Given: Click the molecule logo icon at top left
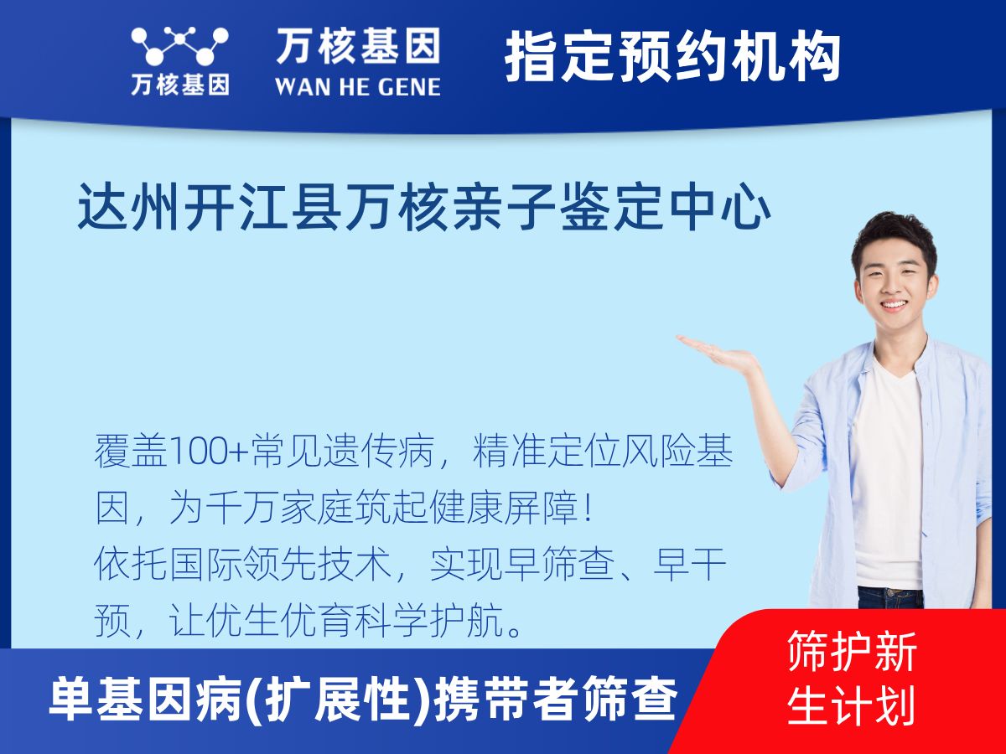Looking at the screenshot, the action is [179, 46].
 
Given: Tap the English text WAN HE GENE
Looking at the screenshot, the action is [358, 87].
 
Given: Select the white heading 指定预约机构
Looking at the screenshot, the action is [672, 56].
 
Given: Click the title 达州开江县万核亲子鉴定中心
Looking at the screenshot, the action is [424, 206].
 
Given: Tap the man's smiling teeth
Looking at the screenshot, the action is [895, 304].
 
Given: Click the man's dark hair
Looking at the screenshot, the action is [894, 240].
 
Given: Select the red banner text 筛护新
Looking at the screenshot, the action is [852, 651].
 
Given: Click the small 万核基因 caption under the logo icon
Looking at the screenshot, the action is [180, 85].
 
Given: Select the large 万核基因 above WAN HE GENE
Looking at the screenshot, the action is [358, 46].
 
